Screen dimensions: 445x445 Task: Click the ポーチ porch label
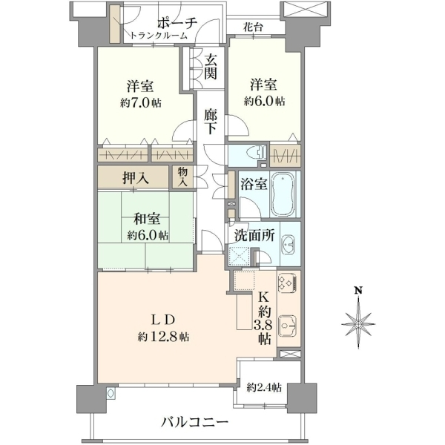(x=177, y=23)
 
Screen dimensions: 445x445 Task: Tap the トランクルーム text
(x=159, y=36)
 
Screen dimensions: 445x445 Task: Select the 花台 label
(x=253, y=27)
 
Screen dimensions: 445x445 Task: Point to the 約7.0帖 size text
(x=141, y=103)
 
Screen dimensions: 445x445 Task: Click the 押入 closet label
(x=136, y=179)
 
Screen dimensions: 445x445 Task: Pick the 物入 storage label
(x=183, y=177)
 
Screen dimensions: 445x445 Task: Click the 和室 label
(x=147, y=219)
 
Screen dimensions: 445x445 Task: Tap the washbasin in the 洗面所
(x=289, y=244)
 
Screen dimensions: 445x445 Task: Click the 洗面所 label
(x=254, y=235)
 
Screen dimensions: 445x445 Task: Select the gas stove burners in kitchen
(x=287, y=283)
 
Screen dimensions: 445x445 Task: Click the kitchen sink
(x=288, y=326)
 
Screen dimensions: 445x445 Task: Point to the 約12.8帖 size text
(x=163, y=337)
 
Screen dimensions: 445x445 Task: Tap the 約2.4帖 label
(x=264, y=387)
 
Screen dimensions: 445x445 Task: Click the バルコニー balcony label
(x=194, y=422)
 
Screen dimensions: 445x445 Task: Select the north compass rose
(x=359, y=323)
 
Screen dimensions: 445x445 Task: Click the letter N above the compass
(x=359, y=290)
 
